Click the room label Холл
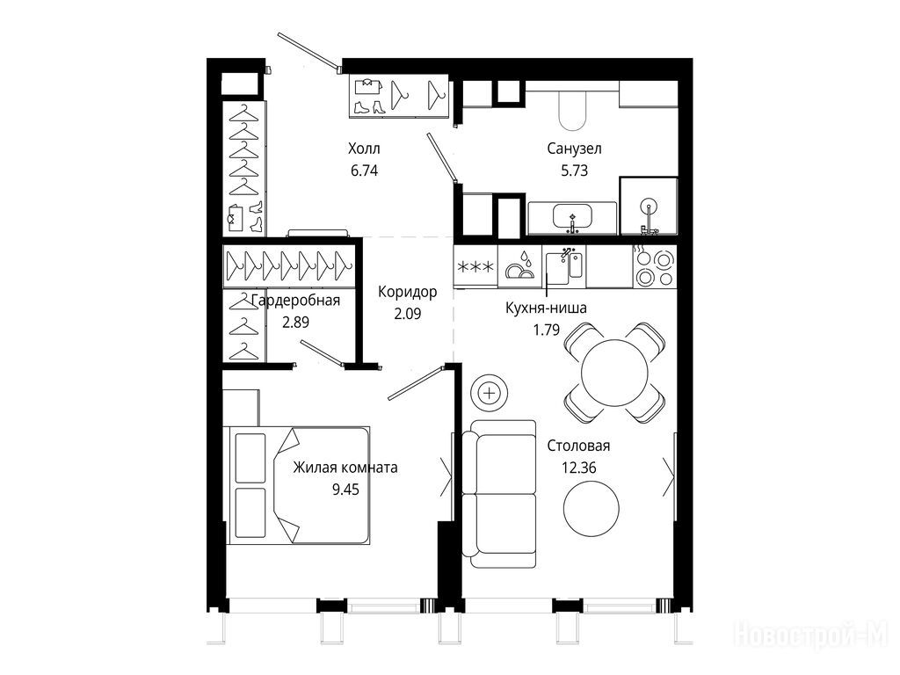pyautogui.click(x=364, y=149)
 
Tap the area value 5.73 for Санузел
pyautogui.click(x=574, y=171)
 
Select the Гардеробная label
pyautogui.click(x=295, y=301)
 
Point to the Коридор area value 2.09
pyautogui.click(x=408, y=314)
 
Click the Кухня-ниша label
pyautogui.click(x=546, y=308)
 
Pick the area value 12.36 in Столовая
pyautogui.click(x=578, y=468)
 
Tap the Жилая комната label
pyautogui.click(x=345, y=468)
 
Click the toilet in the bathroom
pyautogui.click(x=572, y=109)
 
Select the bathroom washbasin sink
pyautogui.click(x=571, y=218)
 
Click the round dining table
pyautogui.click(x=614, y=373)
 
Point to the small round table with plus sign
pyautogui.click(x=489, y=393)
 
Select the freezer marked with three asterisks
pyautogui.click(x=475, y=267)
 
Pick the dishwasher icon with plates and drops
pyautogui.click(x=519, y=267)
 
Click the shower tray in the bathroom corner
pyautogui.click(x=649, y=206)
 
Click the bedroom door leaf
pyautogui.click(x=416, y=383)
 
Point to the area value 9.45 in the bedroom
pyautogui.click(x=345, y=489)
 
